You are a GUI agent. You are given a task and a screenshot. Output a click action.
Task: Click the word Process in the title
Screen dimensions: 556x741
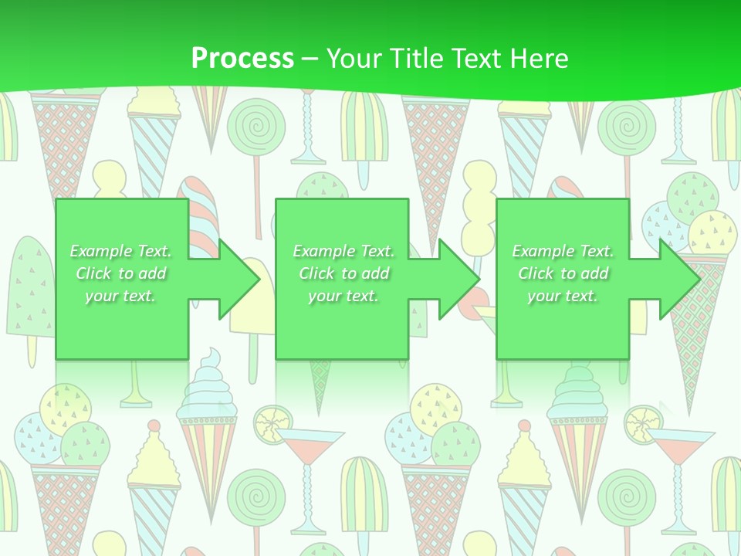tap(242, 59)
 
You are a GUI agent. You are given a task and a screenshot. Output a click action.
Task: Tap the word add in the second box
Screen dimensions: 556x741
tap(375, 273)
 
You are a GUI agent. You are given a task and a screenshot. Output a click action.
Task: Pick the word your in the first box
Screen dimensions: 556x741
tap(101, 296)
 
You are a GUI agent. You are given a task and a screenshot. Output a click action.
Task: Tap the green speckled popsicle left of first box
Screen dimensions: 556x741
tap(29, 286)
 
